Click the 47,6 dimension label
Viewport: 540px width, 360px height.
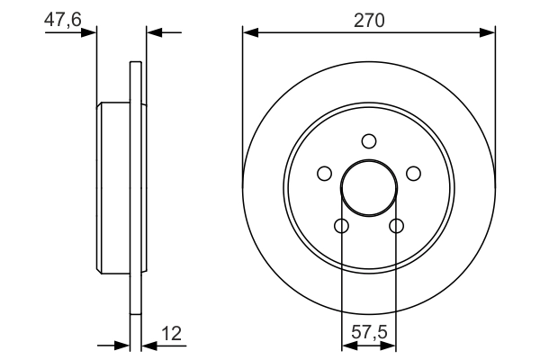coord(63,19)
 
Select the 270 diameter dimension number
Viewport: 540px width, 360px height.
coord(369,20)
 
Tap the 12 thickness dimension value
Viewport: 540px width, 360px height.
coord(171,334)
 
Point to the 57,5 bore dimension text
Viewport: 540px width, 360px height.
coord(369,332)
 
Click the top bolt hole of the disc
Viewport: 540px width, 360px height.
coord(369,141)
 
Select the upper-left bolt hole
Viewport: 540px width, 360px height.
coord(324,174)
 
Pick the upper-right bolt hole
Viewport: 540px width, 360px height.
coord(413,174)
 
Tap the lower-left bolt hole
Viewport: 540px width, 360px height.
coord(342,226)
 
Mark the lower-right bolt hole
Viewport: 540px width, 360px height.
coord(396,226)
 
